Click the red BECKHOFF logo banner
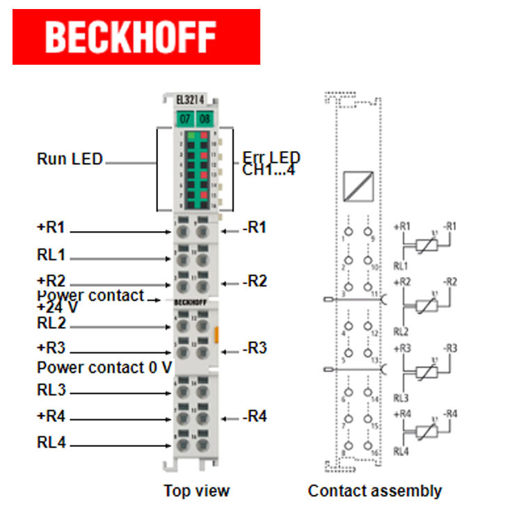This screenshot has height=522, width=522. [136, 37]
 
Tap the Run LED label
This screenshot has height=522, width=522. [70, 159]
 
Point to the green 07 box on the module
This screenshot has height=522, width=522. [184, 118]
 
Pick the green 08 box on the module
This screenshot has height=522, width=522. [204, 118]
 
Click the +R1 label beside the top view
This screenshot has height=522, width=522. [50, 228]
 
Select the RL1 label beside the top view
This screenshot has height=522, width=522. [50, 254]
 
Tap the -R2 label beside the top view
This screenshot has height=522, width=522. [254, 282]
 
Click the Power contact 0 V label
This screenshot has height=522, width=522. [104, 367]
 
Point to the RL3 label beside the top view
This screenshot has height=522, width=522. [50, 390]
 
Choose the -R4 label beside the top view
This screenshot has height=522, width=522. [254, 417]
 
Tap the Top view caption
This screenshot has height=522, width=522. [196, 491]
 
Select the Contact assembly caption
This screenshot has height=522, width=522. [374, 491]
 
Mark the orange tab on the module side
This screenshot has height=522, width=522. [217, 333]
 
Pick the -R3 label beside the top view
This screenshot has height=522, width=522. [254, 348]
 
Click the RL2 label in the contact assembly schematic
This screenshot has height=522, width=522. [401, 331]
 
